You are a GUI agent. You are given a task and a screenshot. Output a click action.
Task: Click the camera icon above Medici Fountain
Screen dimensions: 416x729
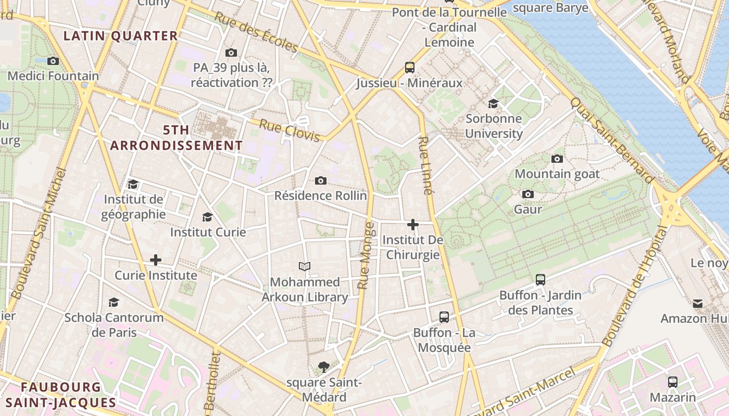[x=53, y=61]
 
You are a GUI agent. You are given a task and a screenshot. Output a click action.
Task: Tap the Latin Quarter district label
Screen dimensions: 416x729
[x=120, y=36]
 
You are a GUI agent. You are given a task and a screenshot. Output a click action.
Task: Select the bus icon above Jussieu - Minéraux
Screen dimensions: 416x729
[x=410, y=68]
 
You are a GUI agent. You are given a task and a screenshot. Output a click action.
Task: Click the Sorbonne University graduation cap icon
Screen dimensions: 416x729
[x=493, y=103]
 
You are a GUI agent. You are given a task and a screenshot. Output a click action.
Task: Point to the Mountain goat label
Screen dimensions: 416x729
[x=557, y=174]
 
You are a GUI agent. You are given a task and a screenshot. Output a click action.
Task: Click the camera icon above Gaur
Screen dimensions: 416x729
[x=528, y=194]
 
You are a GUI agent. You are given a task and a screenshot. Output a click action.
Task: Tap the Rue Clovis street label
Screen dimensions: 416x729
[x=289, y=130]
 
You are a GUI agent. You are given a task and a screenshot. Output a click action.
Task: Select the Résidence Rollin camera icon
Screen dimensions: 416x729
[x=321, y=180]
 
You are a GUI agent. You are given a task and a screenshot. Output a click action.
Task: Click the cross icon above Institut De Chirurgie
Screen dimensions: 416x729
[x=413, y=225]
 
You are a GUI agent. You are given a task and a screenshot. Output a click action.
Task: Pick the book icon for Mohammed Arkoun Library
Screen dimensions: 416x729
[x=305, y=267]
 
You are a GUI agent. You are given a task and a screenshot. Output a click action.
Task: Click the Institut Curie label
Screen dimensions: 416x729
[x=208, y=232]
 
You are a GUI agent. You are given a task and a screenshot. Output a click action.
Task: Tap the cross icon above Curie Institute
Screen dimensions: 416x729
[x=156, y=260]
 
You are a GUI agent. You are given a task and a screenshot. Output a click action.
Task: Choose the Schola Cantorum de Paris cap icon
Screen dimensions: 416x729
[x=114, y=302]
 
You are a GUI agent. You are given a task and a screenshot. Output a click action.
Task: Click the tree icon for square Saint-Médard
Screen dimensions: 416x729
[x=324, y=367]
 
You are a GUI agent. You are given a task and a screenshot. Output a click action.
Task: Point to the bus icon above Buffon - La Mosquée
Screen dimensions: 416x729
[x=444, y=317]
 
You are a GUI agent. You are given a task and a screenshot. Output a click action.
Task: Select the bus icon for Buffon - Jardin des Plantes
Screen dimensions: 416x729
[x=541, y=280]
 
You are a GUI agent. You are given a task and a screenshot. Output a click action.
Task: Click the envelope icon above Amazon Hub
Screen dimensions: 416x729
[x=698, y=303]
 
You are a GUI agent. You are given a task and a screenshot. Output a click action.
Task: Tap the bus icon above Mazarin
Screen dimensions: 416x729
[x=673, y=382]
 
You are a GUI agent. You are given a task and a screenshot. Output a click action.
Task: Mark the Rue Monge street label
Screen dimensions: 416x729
[x=366, y=256]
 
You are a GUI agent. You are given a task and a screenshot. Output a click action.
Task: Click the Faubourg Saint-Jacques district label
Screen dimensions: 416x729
[x=61, y=395]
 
